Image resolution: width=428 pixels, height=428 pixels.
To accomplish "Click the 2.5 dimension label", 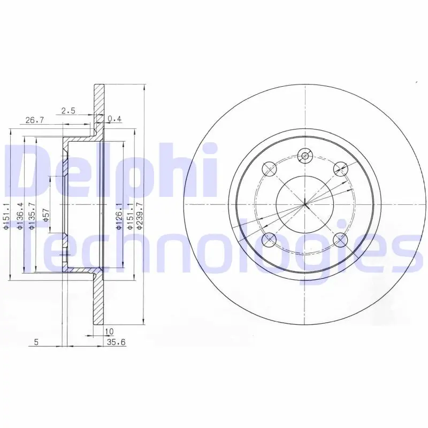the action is [68, 111].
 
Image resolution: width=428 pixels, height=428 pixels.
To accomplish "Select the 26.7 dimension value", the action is [35, 120].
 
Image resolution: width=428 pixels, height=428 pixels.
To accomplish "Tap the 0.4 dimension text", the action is [114, 119].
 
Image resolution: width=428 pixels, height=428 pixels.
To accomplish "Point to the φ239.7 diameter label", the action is [140, 216].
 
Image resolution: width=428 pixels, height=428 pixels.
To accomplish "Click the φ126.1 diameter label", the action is [119, 216].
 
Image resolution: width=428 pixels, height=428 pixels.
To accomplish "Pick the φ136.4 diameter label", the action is [20, 216].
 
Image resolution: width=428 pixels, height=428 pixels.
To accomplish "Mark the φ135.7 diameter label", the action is [32, 216].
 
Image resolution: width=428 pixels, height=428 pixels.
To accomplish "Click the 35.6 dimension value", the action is [116, 342].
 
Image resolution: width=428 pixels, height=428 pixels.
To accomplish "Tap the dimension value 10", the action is [109, 331].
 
